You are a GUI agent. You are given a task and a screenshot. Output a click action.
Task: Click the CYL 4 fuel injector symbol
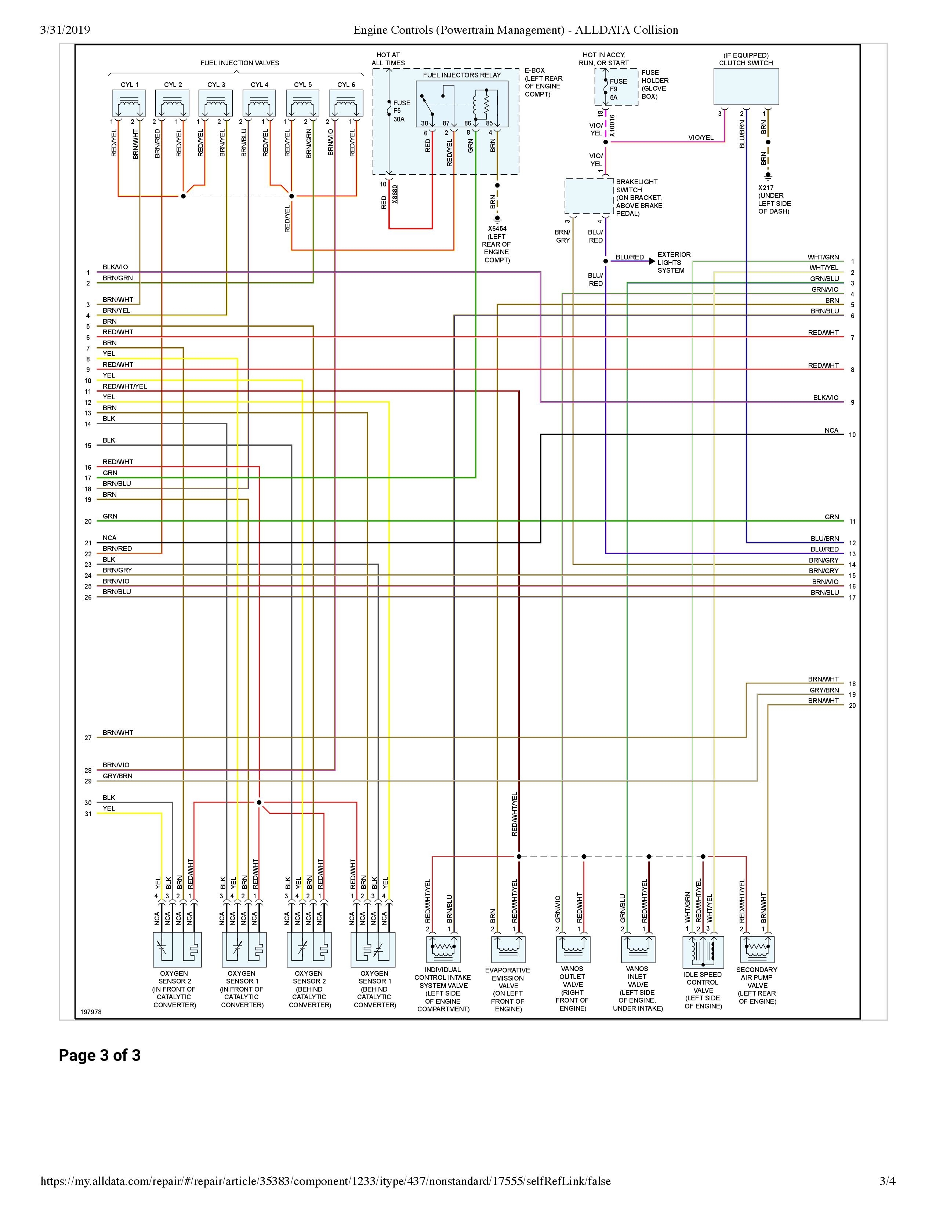click(259, 103)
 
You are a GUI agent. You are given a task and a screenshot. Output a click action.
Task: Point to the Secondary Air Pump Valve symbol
click(757, 949)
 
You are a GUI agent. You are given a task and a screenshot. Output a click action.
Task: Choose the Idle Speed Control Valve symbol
click(703, 952)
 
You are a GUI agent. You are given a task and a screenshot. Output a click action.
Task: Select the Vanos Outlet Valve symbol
click(573, 949)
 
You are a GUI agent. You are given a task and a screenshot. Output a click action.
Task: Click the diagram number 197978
click(91, 1012)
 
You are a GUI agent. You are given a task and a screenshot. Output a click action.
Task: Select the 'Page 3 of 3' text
click(100, 1055)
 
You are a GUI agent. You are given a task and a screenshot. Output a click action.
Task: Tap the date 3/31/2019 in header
click(65, 30)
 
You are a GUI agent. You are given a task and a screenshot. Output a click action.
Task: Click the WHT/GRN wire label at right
click(823, 257)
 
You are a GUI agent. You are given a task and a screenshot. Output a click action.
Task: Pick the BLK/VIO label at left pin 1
click(115, 267)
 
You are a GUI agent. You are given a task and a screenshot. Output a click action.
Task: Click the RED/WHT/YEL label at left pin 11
click(125, 386)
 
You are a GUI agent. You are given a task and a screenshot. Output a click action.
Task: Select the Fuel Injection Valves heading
click(240, 63)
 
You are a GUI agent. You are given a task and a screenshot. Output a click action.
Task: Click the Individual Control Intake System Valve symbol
click(443, 949)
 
